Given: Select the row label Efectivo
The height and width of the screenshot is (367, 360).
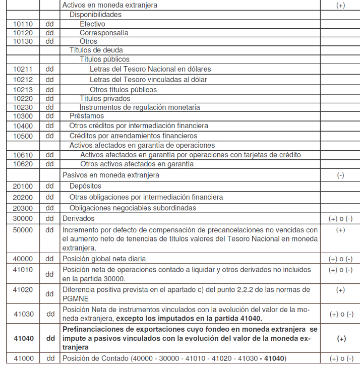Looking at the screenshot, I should tap(92, 24).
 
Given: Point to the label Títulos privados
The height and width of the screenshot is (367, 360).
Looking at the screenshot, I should tap(105, 98).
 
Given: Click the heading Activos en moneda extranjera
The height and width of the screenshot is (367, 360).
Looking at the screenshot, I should tap(110, 5).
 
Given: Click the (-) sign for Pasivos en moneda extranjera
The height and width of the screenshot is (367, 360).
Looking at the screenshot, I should tap(340, 175).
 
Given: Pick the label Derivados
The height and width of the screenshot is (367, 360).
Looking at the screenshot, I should tap(78, 218).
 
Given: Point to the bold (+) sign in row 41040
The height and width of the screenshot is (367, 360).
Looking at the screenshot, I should tap(341, 339).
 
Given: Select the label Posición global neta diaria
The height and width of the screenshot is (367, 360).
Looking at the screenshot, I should tap(104, 259).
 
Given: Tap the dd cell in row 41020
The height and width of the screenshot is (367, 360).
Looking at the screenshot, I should tap(50, 294).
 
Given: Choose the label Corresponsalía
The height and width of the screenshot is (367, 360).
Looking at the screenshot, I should tap(104, 33).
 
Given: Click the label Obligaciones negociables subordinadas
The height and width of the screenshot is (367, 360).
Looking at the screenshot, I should tap(133, 208).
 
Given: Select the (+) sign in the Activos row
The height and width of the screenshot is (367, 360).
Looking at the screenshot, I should tap(340, 5).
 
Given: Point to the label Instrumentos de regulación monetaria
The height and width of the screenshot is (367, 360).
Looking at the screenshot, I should tap(140, 107).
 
